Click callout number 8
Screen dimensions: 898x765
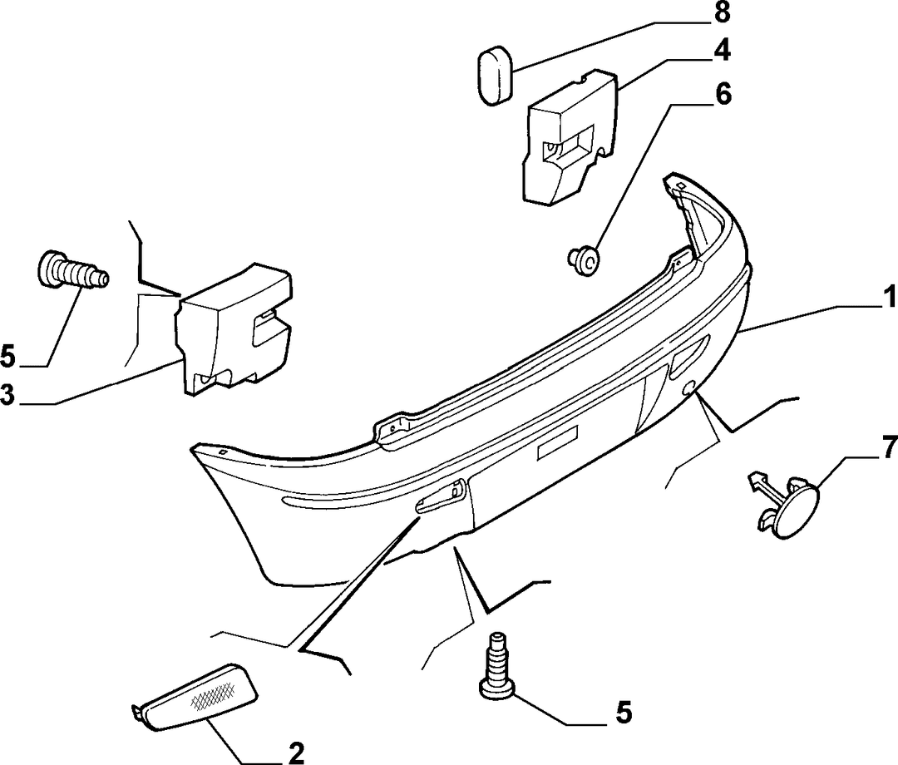720,12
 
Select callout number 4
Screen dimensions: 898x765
722,51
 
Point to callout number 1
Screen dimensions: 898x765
889,298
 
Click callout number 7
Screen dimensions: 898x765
888,447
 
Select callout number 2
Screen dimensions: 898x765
295,753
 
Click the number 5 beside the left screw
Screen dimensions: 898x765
8,356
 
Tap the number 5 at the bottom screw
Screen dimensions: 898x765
624,713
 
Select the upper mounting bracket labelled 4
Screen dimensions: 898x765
570,137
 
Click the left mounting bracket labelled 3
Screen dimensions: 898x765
234,329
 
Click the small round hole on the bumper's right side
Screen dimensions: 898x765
688,389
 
